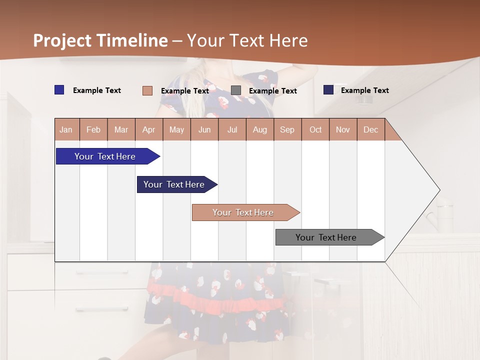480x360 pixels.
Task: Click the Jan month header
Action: click(66, 130)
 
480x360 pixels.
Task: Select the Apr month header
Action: click(149, 130)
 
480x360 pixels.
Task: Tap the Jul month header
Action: click(232, 130)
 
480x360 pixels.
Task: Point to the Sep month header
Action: click(287, 130)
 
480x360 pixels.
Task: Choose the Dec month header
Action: click(370, 130)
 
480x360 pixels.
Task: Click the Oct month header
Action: click(315, 130)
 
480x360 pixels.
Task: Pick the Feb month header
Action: click(93, 130)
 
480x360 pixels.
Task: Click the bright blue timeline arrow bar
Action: click(105, 156)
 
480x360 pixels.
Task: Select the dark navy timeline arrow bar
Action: click(174, 184)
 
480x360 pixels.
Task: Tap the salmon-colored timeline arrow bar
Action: click(243, 212)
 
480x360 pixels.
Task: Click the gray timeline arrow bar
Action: click(326, 237)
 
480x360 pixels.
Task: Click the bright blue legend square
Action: click(59, 90)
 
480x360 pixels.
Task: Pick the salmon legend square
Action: click(147, 90)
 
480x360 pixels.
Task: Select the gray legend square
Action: click(236, 90)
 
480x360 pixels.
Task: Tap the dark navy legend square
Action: click(328, 90)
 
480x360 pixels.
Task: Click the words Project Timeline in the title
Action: click(100, 40)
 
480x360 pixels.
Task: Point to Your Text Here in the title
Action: click(247, 40)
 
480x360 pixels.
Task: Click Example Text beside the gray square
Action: click(273, 91)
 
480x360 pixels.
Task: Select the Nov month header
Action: click(343, 130)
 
